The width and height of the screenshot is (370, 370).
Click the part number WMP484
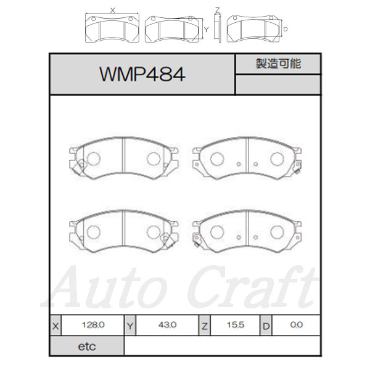click(x=142, y=74)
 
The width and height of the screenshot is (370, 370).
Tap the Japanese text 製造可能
click(x=278, y=64)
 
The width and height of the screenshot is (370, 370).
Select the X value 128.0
click(x=93, y=325)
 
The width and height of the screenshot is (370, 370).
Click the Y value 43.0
click(x=167, y=325)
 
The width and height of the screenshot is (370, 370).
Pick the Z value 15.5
click(x=236, y=325)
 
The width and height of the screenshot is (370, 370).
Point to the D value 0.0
click(x=297, y=325)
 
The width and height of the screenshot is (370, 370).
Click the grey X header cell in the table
click(x=55, y=326)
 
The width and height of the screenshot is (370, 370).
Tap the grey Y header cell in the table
click(x=130, y=326)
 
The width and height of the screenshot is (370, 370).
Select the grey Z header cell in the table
click(x=204, y=326)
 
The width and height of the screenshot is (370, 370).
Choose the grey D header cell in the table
click(x=266, y=326)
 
